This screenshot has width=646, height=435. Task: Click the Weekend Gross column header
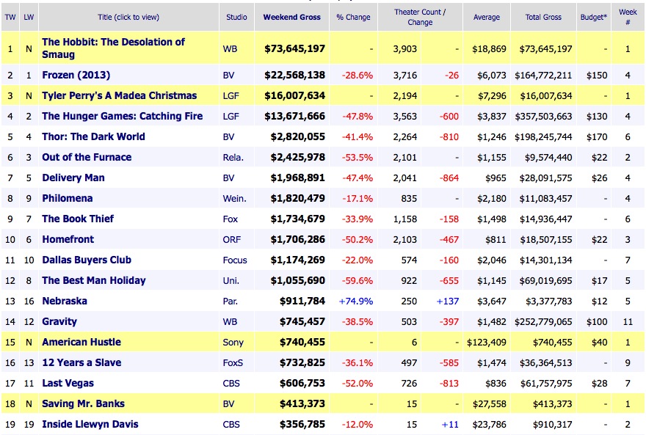pos(292,17)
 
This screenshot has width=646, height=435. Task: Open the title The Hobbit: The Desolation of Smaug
pos(113,48)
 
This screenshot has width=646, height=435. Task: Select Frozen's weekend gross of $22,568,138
pos(294,75)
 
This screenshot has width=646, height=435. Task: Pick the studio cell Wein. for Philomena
pos(234,198)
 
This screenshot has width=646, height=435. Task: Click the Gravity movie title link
pos(59,321)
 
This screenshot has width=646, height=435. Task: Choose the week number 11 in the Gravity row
pos(628,321)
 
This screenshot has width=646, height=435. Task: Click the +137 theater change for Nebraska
pos(447,301)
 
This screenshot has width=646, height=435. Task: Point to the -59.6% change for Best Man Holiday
pos(357,280)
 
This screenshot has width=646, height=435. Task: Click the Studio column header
pos(236,17)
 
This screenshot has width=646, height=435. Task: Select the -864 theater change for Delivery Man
pos(447,178)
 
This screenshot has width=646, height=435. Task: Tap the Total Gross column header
pos(543,17)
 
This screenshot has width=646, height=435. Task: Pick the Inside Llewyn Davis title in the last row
pos(90,424)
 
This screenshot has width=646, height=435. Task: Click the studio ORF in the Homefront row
pos(231,239)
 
